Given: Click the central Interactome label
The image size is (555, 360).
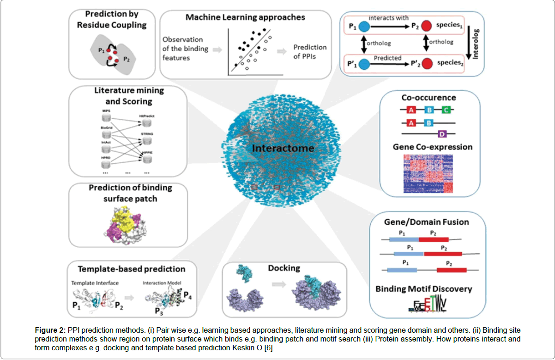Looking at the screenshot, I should click(x=283, y=149).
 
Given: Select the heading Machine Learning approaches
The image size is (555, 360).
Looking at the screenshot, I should click(x=245, y=18).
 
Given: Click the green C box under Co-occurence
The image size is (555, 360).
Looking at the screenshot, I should click(x=446, y=110).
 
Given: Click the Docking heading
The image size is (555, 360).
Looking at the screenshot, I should click(x=284, y=268).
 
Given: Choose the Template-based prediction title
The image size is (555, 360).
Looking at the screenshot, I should click(x=132, y=269).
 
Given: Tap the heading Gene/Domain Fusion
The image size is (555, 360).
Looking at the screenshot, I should click(x=427, y=222).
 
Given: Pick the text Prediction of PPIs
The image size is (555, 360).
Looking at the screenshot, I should click(x=310, y=52).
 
